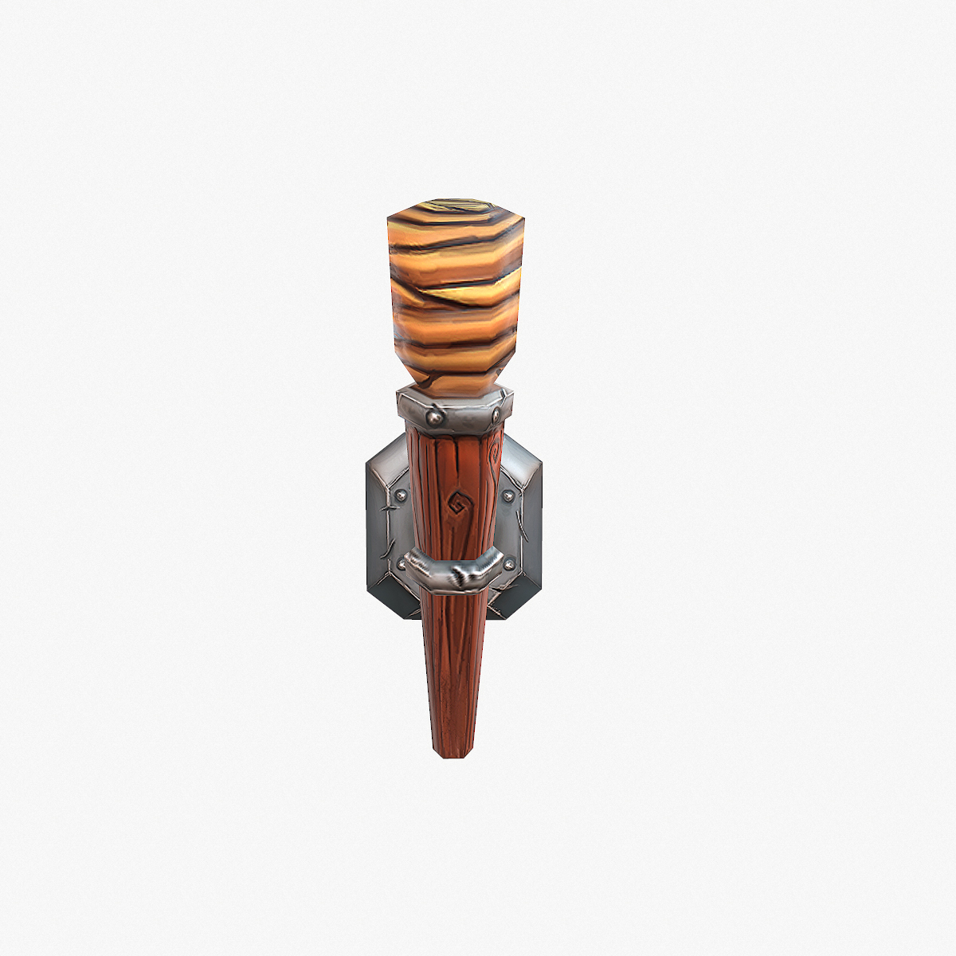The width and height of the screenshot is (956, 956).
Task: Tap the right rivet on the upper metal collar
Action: pos(496,415)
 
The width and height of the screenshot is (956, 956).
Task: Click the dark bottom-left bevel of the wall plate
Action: pos(387,601)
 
